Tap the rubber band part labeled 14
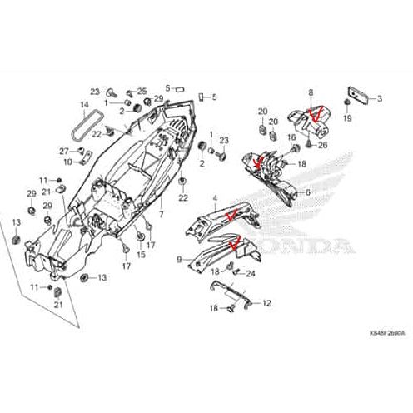[x=81, y=126]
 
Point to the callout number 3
[x=379, y=98]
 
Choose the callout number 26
[x=325, y=147]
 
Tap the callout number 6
[x=309, y=192]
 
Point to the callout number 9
[x=179, y=259]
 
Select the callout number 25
[x=142, y=91]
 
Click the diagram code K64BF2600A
[x=382, y=332]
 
